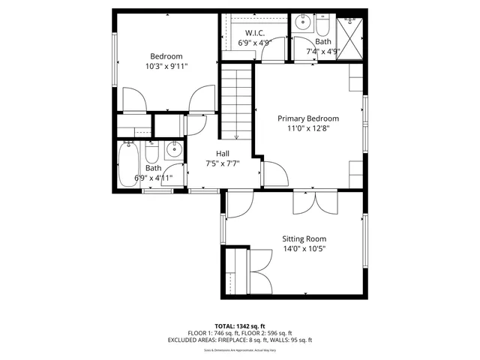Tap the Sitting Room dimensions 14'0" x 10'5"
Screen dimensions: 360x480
[x=304, y=249]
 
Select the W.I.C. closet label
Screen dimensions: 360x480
[x=253, y=32]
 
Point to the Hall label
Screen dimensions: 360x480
[x=223, y=154]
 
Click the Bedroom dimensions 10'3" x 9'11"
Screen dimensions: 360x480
[x=166, y=66]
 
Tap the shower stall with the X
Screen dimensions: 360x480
[x=350, y=33]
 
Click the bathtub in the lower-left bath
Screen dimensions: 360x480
[x=128, y=165]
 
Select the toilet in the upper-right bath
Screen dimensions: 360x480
[x=323, y=27]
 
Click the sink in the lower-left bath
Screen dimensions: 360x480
[x=174, y=149]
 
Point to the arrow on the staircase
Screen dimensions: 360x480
[x=236, y=135]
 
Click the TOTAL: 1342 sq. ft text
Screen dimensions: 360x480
[x=240, y=326]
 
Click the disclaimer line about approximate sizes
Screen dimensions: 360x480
[x=240, y=350]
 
